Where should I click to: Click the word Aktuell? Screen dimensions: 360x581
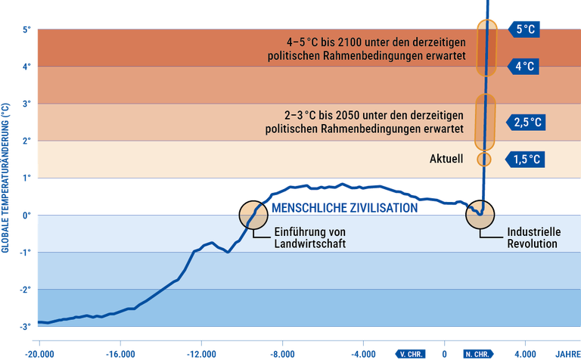(445, 160)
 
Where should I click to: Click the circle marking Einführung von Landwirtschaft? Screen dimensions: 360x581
(253, 216)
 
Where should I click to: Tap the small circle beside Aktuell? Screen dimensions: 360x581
(484, 160)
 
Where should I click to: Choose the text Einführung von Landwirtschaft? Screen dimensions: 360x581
(309, 237)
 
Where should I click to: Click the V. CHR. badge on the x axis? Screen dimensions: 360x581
(411, 353)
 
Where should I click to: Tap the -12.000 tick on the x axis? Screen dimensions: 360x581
(201, 353)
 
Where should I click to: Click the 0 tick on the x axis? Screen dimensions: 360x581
(444, 353)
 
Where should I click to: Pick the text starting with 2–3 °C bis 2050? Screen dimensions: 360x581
(365, 123)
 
